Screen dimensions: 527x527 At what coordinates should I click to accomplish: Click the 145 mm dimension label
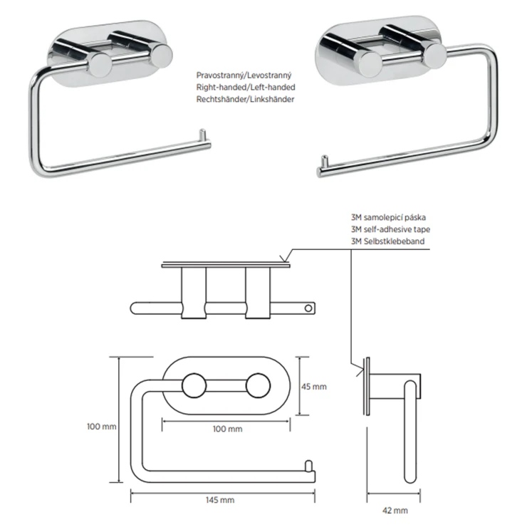(x=220, y=500)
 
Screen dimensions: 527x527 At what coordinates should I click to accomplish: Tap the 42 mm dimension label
(x=395, y=511)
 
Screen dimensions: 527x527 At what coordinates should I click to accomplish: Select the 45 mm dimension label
(x=314, y=387)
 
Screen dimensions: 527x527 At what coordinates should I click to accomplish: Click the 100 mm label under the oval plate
(x=228, y=429)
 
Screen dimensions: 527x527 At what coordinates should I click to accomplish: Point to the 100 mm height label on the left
(x=102, y=427)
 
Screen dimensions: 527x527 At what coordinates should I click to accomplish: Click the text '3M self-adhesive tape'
(x=390, y=229)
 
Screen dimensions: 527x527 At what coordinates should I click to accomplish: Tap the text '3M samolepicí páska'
(x=389, y=217)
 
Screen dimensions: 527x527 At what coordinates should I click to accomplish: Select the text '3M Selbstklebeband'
(x=388, y=241)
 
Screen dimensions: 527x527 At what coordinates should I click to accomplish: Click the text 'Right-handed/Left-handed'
(x=246, y=88)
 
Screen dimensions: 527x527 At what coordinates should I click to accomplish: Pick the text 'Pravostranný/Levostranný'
(x=244, y=75)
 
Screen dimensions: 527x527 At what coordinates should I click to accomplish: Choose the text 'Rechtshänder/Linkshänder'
(x=246, y=99)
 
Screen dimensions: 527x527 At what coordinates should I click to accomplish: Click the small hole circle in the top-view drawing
(x=308, y=308)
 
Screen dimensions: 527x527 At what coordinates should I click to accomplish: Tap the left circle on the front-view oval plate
(x=194, y=385)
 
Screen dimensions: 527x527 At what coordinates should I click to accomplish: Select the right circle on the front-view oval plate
(x=258, y=385)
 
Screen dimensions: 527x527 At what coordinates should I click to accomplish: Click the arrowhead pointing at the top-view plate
(x=284, y=259)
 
